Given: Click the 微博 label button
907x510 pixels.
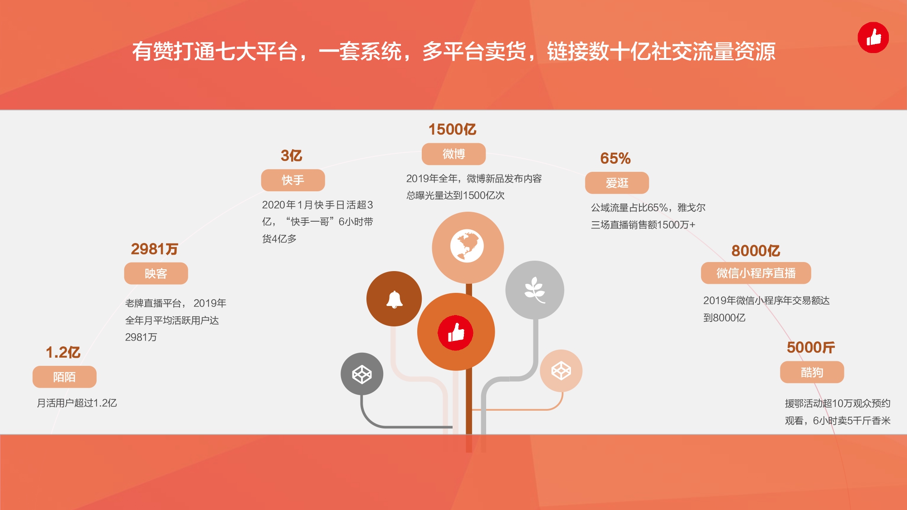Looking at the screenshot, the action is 453,154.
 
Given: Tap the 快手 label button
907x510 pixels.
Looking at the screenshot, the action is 293,180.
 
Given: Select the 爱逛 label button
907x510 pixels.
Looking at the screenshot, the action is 617,183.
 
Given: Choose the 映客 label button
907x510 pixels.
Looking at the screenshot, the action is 156,273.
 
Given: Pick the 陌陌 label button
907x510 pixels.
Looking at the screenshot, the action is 64,377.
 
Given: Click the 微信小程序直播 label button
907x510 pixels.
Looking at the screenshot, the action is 756,273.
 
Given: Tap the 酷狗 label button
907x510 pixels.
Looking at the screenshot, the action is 812,372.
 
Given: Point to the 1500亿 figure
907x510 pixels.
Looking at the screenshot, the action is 453,129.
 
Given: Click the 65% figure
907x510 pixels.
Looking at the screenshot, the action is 615,158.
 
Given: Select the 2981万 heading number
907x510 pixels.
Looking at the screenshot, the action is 155,249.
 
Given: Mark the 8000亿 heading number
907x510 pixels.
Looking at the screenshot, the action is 756,251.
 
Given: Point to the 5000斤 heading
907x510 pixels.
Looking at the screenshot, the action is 811,347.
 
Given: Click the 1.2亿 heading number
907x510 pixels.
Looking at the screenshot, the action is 63,352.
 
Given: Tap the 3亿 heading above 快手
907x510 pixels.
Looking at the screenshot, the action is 292,155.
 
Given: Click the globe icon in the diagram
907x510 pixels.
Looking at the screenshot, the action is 467,246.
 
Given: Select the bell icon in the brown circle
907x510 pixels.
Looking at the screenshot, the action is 395,299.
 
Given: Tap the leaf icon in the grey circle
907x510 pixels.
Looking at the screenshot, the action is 535,290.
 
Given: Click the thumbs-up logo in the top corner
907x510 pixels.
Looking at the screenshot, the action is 873,38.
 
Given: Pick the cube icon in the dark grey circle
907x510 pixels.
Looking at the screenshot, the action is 362,374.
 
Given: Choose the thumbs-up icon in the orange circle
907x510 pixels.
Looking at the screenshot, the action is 455,332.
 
